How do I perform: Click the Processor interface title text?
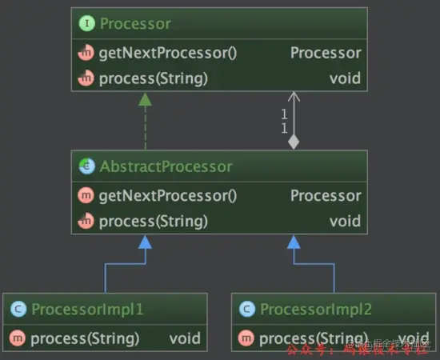tap(135, 24)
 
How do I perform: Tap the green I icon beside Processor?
tap(86, 24)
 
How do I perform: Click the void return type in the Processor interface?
tap(345, 78)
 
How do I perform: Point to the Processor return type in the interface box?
tap(325, 54)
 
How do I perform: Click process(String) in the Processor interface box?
tap(153, 78)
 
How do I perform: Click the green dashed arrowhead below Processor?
tap(145, 99)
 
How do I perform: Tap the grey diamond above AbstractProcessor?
tap(294, 142)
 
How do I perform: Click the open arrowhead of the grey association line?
tap(294, 98)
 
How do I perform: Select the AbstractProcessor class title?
tap(166, 166)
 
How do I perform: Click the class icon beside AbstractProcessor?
tap(86, 166)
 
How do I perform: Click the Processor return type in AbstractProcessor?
tap(325, 196)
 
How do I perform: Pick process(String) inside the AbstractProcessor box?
tap(153, 221)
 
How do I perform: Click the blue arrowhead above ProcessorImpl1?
tap(145, 242)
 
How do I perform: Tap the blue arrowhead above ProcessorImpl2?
tap(294, 242)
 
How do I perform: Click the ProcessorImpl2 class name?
tap(317, 309)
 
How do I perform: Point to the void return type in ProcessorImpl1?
tap(184, 338)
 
